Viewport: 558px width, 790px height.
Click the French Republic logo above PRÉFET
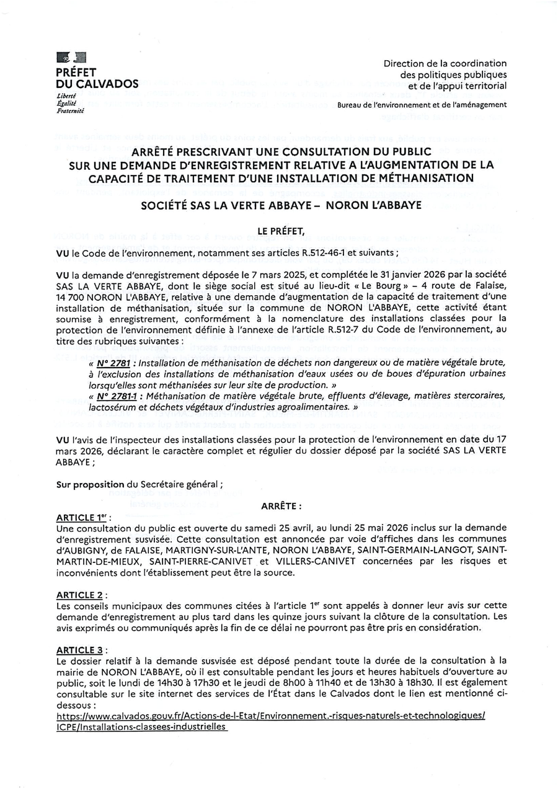[71, 58]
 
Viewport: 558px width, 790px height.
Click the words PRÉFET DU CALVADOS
[97, 78]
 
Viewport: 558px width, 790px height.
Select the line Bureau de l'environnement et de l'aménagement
[422, 105]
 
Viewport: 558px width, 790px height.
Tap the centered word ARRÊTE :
[281, 505]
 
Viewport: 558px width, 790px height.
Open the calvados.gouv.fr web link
[270, 715]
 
